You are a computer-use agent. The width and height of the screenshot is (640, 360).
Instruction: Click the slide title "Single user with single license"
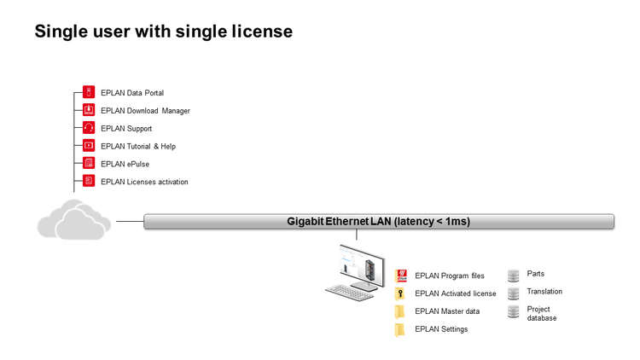tap(163, 32)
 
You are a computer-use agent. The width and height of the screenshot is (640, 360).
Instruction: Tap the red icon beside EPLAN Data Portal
tap(89, 92)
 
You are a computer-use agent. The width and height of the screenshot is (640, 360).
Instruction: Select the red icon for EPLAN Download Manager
tap(89, 110)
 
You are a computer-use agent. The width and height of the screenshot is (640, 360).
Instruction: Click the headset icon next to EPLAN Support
tap(89, 128)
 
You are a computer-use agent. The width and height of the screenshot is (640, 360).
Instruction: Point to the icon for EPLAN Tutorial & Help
tap(89, 146)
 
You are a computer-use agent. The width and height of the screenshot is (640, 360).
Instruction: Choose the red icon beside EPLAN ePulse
tap(89, 164)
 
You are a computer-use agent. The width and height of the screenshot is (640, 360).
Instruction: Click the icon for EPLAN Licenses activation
tap(89, 181)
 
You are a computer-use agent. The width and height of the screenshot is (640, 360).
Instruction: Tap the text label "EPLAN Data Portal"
tap(131, 92)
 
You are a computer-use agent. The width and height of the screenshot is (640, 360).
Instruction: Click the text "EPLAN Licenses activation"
tap(144, 182)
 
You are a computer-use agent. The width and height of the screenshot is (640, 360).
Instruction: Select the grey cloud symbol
tap(74, 221)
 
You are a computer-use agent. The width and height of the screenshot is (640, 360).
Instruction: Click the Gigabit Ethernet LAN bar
tap(378, 222)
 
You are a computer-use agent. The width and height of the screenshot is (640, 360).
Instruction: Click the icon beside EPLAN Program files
tap(400, 275)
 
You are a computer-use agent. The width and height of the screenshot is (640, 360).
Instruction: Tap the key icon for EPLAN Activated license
tap(400, 293)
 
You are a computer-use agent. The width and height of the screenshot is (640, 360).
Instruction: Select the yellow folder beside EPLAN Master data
tap(400, 311)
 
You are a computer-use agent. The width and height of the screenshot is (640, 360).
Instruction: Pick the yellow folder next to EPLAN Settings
tap(400, 329)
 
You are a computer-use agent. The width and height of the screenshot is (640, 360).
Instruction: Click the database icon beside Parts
tap(514, 275)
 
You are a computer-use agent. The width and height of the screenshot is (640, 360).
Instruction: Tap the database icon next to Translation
tap(514, 293)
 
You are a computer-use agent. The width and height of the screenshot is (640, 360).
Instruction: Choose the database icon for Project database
tap(514, 312)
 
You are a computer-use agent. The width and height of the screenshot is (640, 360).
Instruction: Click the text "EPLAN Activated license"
tap(455, 293)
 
